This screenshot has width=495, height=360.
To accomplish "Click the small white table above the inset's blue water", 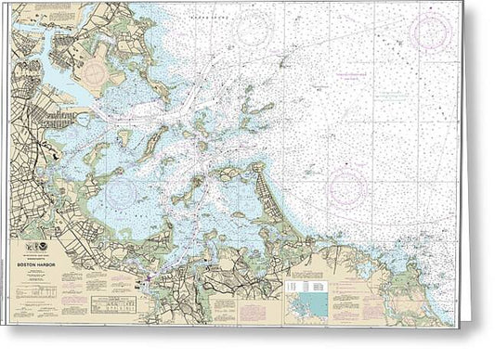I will (299, 287).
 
